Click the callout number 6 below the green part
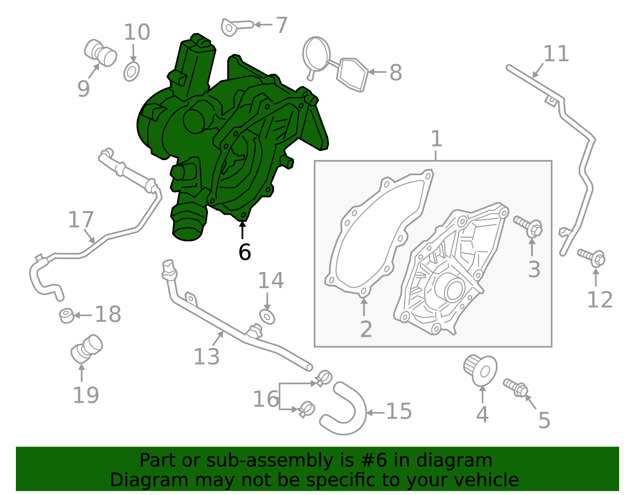tap(244, 252)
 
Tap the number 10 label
tap(137, 32)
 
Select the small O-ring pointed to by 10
tap(131, 71)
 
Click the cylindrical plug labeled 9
tap(100, 53)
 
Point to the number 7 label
tap(281, 25)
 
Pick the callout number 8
tap(396, 73)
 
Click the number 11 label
tap(556, 54)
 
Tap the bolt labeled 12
tap(591, 258)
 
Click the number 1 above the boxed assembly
tap(437, 139)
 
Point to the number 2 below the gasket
tap(366, 329)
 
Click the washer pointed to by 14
tap(267, 317)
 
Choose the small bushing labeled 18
tap(67, 315)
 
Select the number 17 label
tap(81, 220)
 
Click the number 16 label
tap(266, 399)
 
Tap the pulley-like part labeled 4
tap(480, 370)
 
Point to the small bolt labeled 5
tap(516, 388)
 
